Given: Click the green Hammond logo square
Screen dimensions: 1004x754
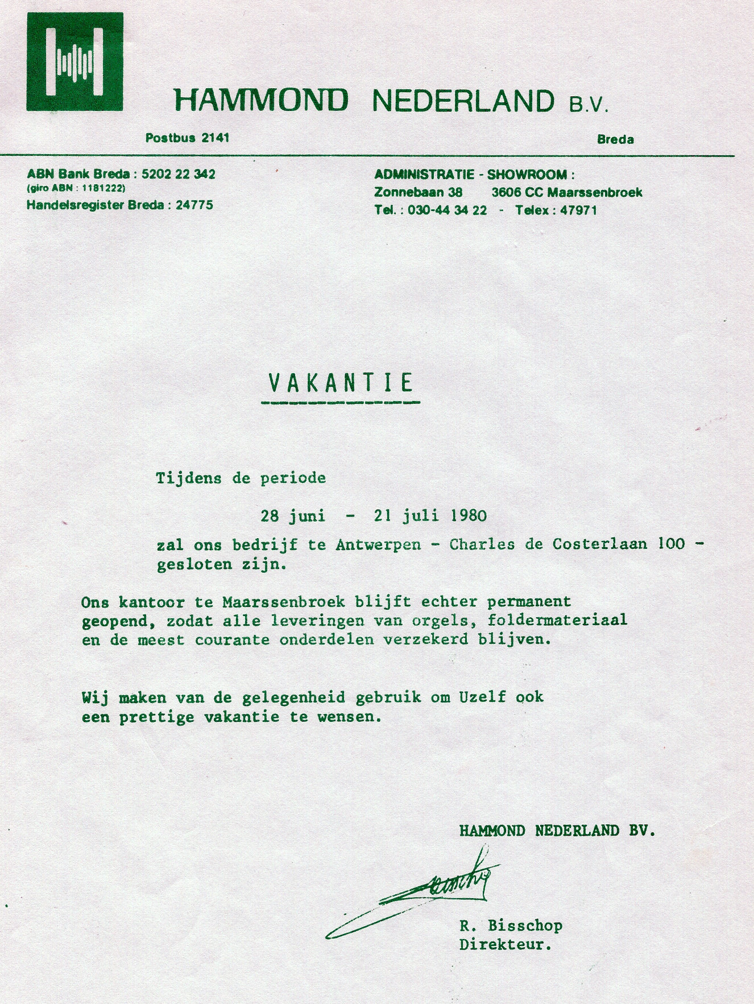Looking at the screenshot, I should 74,61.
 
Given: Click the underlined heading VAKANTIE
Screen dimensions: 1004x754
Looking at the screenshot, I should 340,383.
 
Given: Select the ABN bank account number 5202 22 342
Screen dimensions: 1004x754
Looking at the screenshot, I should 178,174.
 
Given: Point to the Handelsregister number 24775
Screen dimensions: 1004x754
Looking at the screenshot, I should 194,205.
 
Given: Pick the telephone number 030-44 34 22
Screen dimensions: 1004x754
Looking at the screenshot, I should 447,210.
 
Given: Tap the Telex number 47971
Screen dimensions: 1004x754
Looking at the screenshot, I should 578,210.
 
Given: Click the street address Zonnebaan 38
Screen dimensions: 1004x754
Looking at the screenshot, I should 418,192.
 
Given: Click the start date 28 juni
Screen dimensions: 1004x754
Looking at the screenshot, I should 293,516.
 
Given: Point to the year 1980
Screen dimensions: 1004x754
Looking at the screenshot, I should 469,516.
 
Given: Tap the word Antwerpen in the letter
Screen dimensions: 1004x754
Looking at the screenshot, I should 378,545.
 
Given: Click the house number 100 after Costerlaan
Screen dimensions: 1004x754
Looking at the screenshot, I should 671,544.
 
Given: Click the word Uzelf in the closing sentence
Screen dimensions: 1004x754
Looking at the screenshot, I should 482,697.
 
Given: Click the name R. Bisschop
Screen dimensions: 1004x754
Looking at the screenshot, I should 511,926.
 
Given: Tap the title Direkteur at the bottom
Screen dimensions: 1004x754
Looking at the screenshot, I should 505,945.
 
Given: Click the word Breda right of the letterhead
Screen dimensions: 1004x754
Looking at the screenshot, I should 615,139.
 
